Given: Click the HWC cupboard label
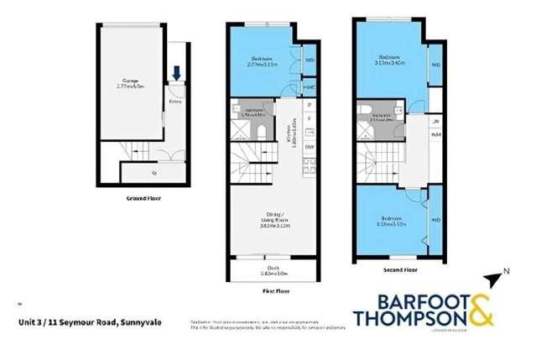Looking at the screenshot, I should click(310, 86).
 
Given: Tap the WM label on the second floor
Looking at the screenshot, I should click(435, 134).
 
